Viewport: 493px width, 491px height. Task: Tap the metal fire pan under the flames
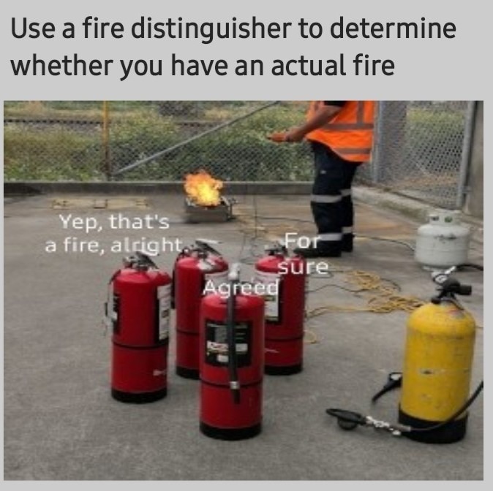(208, 211)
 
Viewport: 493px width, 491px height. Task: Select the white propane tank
(442, 241)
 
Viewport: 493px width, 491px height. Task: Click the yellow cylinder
(437, 357)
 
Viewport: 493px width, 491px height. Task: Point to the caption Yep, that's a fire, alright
(113, 232)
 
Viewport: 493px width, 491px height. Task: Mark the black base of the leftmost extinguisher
(139, 395)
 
